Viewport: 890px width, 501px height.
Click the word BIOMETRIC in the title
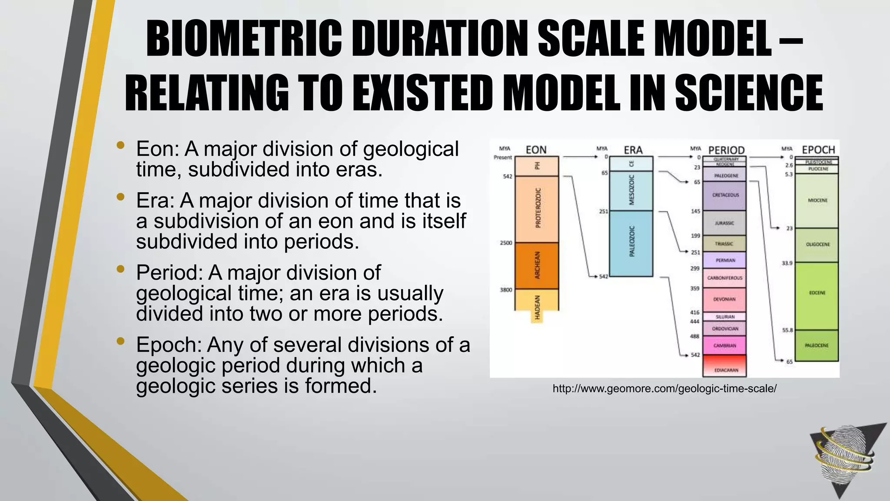(x=244, y=40)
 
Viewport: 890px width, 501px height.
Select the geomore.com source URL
(x=664, y=389)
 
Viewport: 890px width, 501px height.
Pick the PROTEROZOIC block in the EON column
(x=537, y=209)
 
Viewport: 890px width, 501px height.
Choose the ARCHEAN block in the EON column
(x=537, y=265)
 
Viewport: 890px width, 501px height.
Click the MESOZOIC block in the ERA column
(x=631, y=190)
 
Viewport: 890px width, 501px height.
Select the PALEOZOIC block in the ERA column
(x=631, y=243)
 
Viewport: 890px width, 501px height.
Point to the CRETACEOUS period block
(x=724, y=195)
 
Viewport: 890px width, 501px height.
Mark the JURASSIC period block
(x=724, y=223)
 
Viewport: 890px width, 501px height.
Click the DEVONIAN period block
(x=724, y=299)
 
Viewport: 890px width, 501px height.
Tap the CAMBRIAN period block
(x=724, y=346)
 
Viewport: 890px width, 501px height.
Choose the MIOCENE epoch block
(x=817, y=200)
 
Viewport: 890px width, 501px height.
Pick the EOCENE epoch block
(x=817, y=293)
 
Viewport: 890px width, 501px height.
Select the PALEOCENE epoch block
(x=817, y=345)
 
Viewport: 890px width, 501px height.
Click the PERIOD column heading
(x=726, y=150)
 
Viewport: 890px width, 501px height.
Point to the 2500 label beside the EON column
(x=506, y=243)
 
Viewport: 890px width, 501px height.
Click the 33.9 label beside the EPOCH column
(x=787, y=263)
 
